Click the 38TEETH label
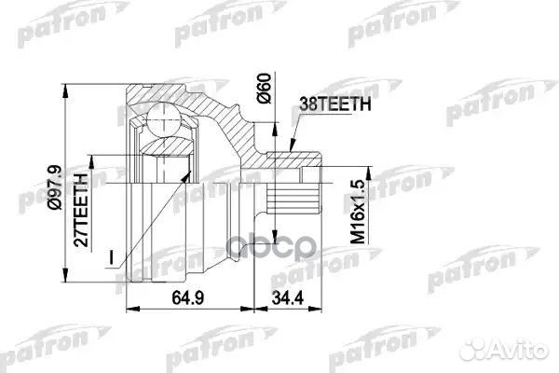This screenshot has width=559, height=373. coord(336,105)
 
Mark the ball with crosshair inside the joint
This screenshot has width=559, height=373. coord(165,121)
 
